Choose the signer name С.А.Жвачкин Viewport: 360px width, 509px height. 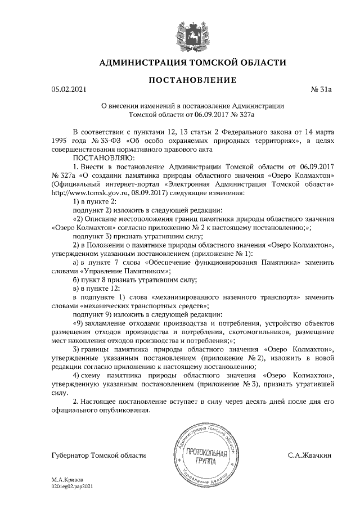[309, 454]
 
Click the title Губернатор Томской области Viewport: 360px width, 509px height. [97, 454]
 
